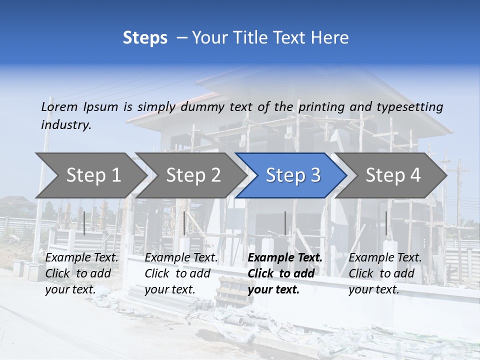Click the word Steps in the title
(x=145, y=38)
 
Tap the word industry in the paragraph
(x=66, y=124)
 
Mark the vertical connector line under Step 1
(x=84, y=223)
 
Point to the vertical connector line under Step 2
(x=184, y=223)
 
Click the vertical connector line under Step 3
(x=285, y=223)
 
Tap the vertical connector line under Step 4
(x=386, y=223)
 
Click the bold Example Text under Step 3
(x=285, y=258)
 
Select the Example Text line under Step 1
(x=82, y=258)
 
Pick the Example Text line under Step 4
(x=385, y=258)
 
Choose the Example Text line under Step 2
(x=181, y=258)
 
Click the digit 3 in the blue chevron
(x=315, y=175)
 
